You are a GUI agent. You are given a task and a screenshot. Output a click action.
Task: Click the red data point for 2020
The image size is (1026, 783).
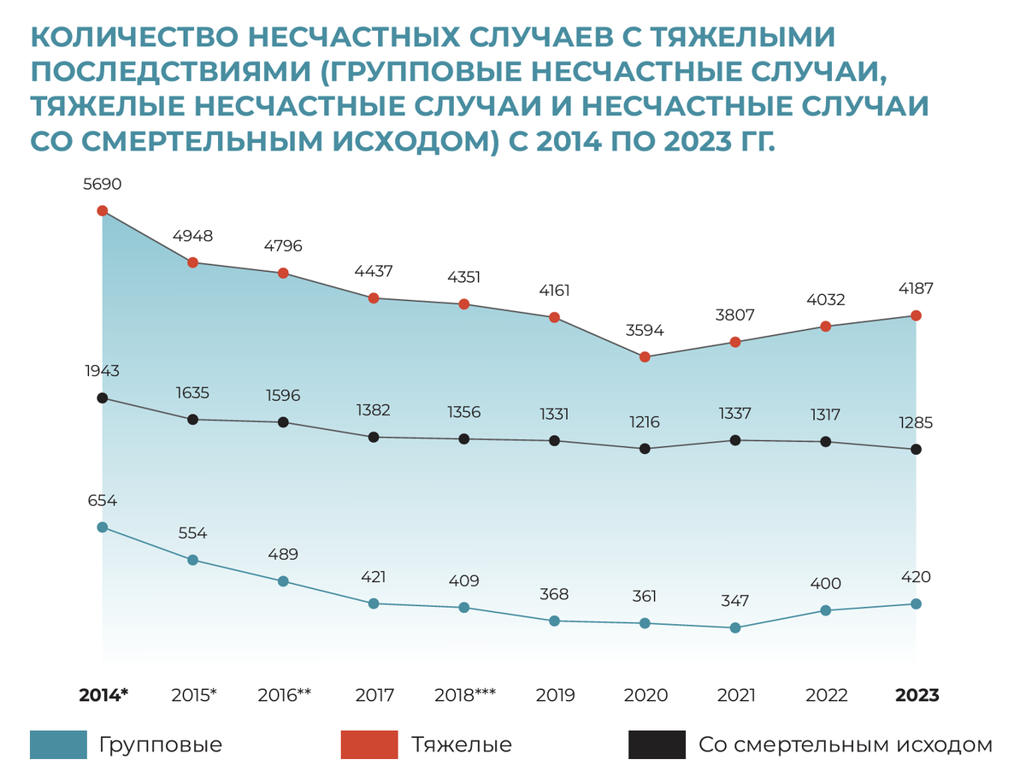(x=645, y=357)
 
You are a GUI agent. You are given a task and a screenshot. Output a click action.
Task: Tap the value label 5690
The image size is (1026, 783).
(x=102, y=184)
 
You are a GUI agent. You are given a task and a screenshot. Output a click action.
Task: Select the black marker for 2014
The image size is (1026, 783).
(x=103, y=397)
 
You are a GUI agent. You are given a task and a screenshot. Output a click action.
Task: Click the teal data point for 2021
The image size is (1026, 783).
(x=735, y=627)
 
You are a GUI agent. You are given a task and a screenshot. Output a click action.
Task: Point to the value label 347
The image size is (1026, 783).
(x=735, y=601)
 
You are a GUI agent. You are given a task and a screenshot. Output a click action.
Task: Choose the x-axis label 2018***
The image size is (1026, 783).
(x=464, y=695)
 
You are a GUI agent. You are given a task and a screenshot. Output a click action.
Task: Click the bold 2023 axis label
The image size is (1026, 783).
(x=917, y=695)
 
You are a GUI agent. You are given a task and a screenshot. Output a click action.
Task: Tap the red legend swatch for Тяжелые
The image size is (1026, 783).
(x=369, y=745)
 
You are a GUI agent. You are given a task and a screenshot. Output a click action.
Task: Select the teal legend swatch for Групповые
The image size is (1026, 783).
(x=58, y=745)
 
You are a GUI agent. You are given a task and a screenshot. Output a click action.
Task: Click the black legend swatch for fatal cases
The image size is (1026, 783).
(x=657, y=745)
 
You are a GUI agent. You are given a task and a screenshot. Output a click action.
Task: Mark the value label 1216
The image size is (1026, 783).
(x=645, y=421)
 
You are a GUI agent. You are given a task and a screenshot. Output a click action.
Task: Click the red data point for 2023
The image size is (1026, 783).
(x=916, y=315)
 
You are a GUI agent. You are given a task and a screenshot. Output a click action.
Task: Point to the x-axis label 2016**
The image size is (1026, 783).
(x=284, y=695)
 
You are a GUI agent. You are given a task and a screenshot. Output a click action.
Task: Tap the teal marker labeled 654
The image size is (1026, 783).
(x=103, y=527)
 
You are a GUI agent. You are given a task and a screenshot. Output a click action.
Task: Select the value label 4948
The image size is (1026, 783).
(x=192, y=236)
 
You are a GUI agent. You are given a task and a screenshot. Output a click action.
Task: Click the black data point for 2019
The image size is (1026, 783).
(x=554, y=441)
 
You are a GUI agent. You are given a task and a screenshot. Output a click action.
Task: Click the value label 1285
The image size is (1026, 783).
(x=916, y=422)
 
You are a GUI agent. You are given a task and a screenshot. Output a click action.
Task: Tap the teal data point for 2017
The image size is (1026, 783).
(x=374, y=603)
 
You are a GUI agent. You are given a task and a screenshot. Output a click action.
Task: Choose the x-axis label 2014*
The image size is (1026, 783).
(x=103, y=695)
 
